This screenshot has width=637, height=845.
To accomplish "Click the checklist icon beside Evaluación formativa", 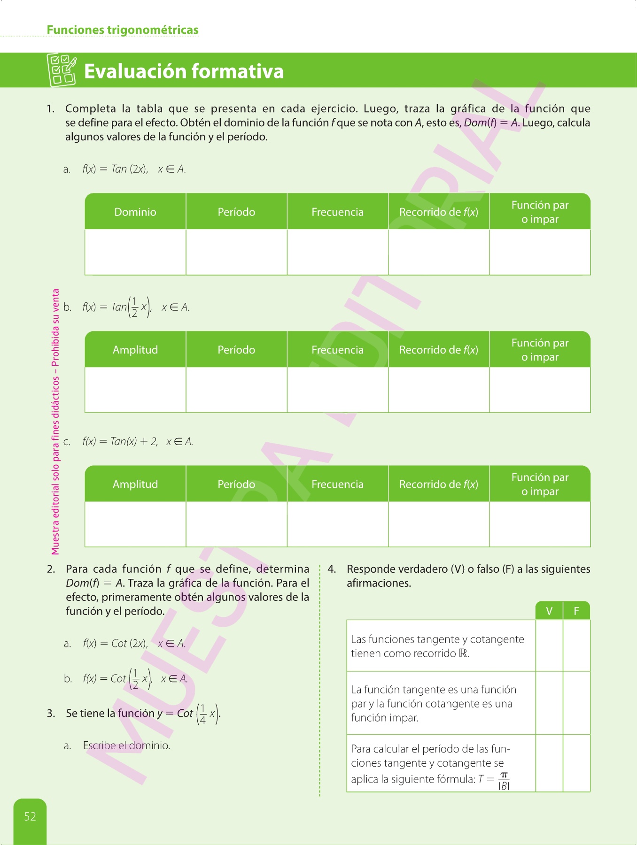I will pyautogui.click(x=62, y=70).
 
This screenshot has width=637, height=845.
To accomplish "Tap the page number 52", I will pyautogui.click(x=30, y=816).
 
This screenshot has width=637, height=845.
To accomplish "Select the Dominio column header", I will pyautogui.click(x=135, y=212).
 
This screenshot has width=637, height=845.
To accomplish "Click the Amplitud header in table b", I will pyautogui.click(x=135, y=350).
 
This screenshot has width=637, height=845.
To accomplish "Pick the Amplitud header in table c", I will pyautogui.click(x=135, y=484).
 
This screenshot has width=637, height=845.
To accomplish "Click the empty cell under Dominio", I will pyautogui.click(x=135, y=252).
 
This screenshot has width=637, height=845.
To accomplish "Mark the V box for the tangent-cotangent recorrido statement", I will pyautogui.click(x=549, y=645).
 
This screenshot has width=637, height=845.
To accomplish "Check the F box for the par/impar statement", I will pyautogui.click(x=576, y=703).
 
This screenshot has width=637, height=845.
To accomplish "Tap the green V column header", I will pyautogui.click(x=549, y=611).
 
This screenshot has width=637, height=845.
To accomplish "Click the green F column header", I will pyautogui.click(x=576, y=611).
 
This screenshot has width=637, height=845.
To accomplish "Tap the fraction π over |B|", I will pyautogui.click(x=504, y=781).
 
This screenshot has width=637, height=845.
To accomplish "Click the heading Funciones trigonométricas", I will pyautogui.click(x=123, y=30).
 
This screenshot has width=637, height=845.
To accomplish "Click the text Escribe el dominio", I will pyautogui.click(x=126, y=745).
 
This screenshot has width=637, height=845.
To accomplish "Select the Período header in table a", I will pyautogui.click(x=236, y=212).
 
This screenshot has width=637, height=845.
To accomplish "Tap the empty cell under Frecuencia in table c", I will pyautogui.click(x=337, y=524).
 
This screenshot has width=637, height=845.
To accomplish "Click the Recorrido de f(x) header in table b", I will pyautogui.click(x=439, y=350).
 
